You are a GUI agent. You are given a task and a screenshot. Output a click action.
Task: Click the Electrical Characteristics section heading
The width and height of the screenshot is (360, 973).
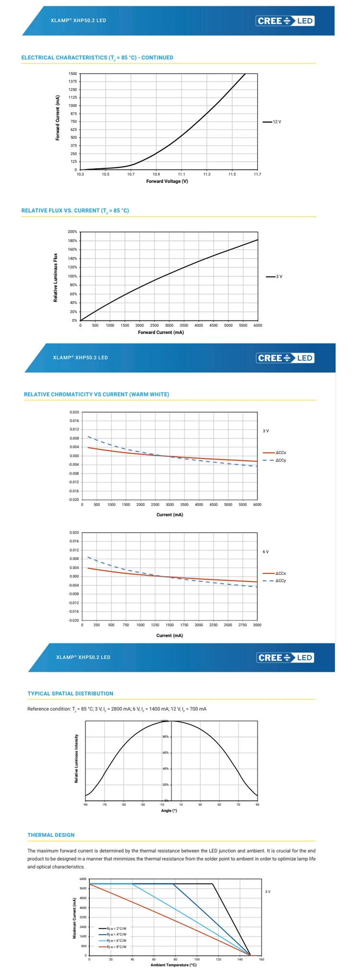coord(97,58)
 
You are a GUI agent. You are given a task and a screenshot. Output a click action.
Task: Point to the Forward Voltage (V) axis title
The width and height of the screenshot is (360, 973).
coord(167,181)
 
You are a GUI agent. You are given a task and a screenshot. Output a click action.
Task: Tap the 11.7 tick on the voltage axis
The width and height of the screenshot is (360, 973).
coord(257,174)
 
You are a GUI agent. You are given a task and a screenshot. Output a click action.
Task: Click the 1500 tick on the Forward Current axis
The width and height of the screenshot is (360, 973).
coord(72,74)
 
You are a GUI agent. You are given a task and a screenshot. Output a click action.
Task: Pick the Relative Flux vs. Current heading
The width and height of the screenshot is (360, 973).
coord(75,211)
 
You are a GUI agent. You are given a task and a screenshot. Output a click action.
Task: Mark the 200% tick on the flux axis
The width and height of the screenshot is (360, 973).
coord(72,232)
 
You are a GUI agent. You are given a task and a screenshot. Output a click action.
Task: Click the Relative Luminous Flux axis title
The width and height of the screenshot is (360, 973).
coord(56,278)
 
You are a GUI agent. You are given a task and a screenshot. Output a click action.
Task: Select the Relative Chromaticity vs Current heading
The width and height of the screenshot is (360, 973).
coord(96,394)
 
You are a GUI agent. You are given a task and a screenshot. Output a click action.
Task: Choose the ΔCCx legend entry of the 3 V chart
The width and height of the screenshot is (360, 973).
coord(280,453)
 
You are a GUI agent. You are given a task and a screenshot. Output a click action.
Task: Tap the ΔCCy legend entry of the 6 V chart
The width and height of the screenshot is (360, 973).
coord(280,581)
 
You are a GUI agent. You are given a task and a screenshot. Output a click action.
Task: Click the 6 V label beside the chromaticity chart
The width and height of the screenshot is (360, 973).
coord(266,552)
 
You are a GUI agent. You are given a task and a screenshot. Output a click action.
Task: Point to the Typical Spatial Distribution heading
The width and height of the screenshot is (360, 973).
coord(71,694)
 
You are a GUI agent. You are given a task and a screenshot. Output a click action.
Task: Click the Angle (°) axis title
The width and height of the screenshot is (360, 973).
coord(169,810)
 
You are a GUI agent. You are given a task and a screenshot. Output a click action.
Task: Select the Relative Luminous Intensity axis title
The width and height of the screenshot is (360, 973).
coord(76,759)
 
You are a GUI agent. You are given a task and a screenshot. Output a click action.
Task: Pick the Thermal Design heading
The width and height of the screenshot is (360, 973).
coord(51,835)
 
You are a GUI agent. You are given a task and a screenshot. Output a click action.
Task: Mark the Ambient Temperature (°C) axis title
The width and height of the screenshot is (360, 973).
coord(173,965)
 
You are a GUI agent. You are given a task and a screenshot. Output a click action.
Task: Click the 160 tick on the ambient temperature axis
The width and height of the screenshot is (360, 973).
coord(262,959)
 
